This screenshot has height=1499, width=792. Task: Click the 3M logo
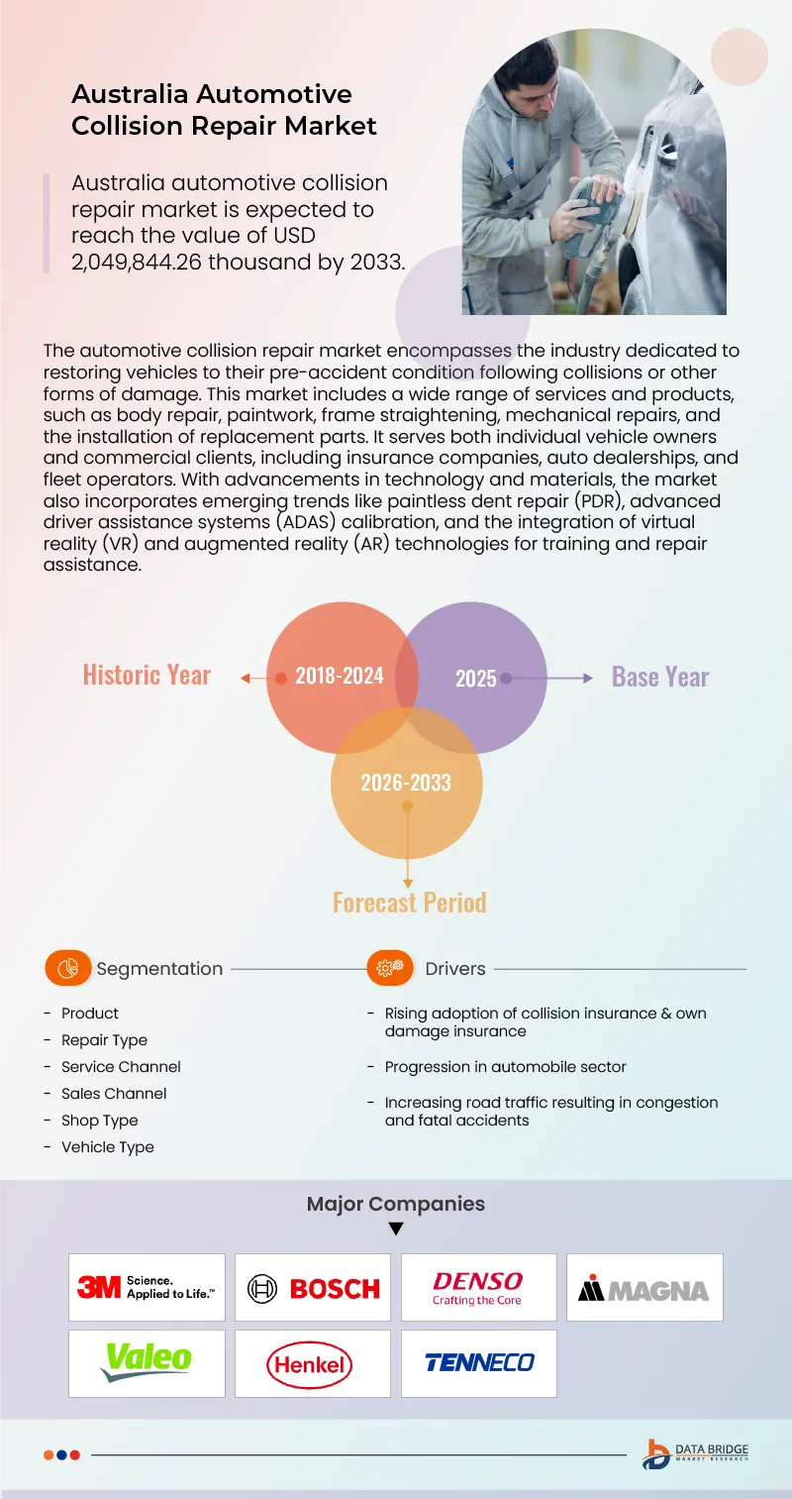147,1287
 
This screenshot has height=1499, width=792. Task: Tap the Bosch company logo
313,1288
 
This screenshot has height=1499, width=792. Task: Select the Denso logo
478,1287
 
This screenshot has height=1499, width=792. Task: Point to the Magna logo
644,1288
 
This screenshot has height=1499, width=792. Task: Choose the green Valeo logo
147,1362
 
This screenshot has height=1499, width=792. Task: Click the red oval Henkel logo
312,1364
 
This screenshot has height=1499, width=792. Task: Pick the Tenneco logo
479,1363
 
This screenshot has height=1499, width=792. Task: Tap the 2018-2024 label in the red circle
340,677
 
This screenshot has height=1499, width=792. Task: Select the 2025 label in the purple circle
476,679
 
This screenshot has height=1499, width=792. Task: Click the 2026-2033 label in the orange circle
406,783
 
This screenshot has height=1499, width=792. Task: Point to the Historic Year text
147,676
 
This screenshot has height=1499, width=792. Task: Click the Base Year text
660,677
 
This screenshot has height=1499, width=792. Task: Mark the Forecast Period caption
409,903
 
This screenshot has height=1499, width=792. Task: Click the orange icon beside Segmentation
67,968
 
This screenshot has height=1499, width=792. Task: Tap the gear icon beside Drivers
390,968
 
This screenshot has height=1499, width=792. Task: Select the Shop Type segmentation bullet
99,1121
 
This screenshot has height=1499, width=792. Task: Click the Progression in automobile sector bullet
505,1067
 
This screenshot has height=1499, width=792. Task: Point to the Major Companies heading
396,1204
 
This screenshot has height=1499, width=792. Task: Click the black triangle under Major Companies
396,1230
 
